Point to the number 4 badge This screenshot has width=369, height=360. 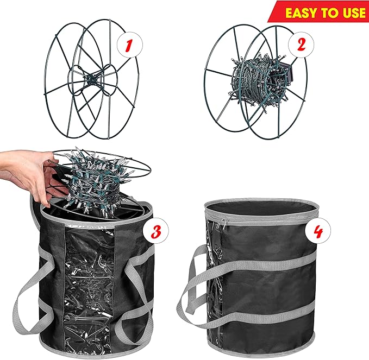(317, 233)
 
